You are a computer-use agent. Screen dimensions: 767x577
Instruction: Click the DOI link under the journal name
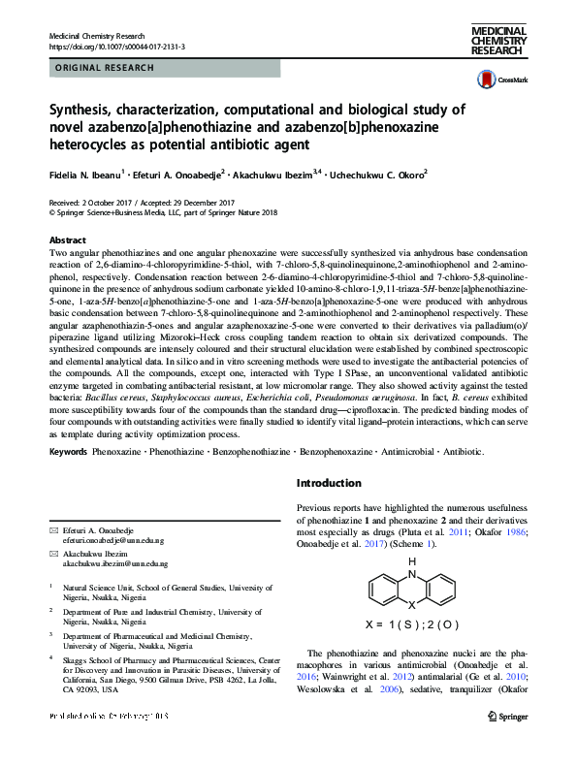116,46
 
